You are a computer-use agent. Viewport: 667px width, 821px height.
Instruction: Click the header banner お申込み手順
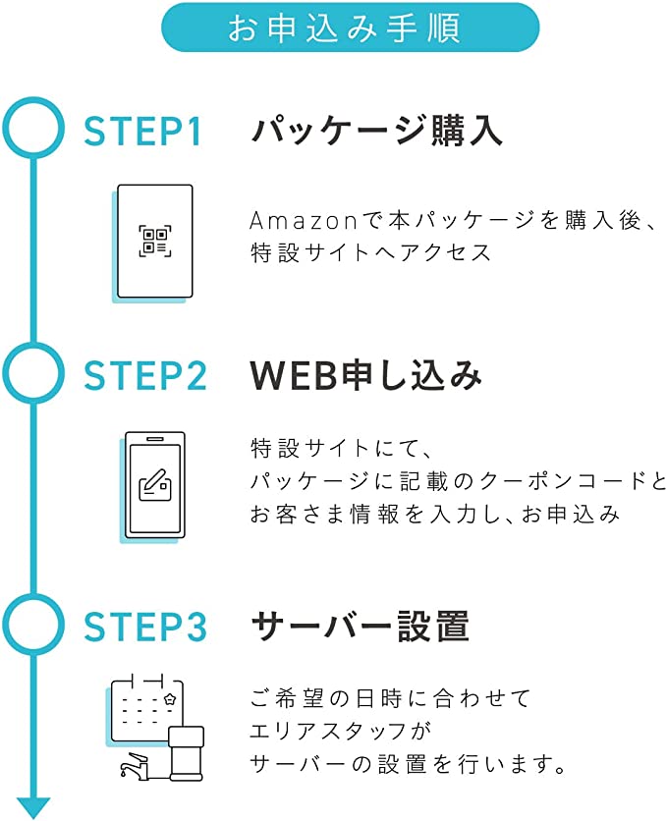350,27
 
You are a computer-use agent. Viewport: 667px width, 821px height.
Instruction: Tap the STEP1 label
143,132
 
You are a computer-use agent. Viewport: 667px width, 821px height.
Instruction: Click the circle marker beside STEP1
33,128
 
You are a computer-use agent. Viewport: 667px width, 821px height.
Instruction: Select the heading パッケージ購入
376,131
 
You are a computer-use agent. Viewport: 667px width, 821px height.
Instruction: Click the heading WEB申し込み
366,375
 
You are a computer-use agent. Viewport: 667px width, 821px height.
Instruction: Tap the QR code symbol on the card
155,240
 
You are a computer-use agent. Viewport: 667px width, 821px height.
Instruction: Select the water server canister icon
186,752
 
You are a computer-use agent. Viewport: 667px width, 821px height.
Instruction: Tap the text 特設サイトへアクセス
370,251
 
